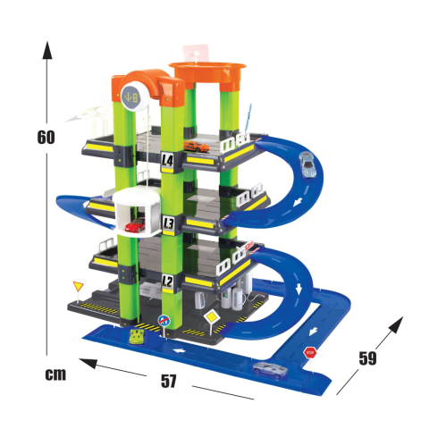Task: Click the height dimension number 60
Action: (46, 138)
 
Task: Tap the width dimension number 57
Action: (169, 381)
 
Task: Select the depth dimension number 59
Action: (367, 358)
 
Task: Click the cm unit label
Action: (55, 374)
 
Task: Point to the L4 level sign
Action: (168, 161)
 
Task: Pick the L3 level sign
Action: (168, 223)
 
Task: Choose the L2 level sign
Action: (167, 281)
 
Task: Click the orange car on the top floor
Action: (196, 147)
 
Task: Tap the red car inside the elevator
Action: (135, 225)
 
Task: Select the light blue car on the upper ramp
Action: (307, 164)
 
